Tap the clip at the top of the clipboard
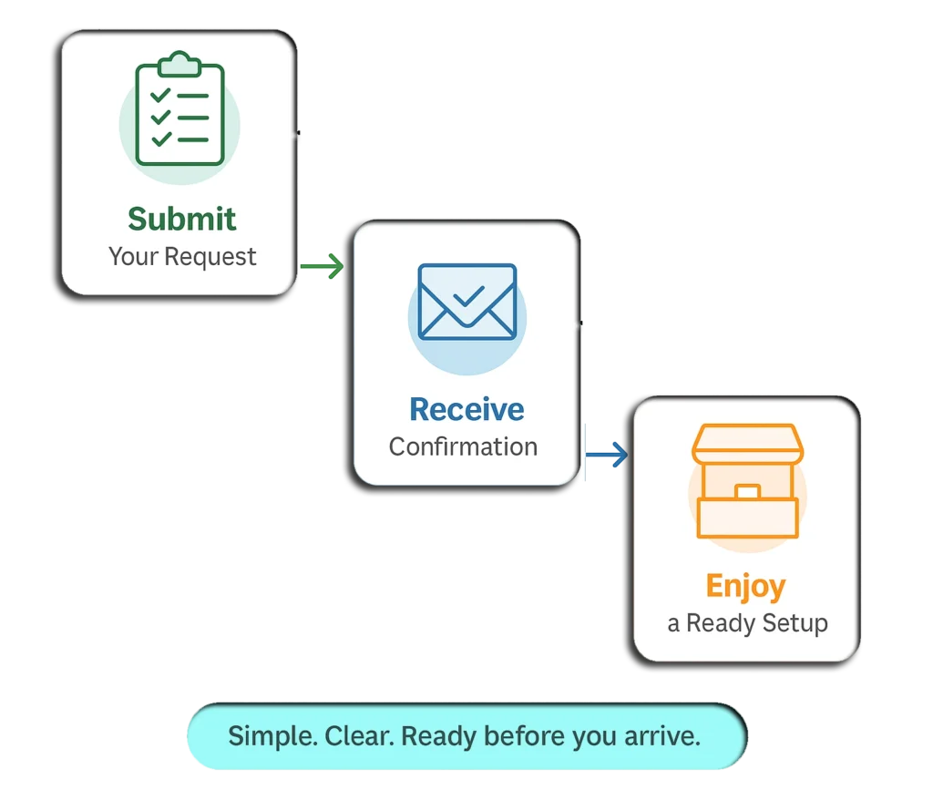coord(179,65)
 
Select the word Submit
coord(181,220)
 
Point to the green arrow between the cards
coord(322,267)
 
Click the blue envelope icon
coord(466,302)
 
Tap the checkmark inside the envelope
coord(468,296)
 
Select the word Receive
coord(466,409)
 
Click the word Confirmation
coord(463,447)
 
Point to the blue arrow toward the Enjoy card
coord(607,455)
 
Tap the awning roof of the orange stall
coord(746,443)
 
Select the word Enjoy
coord(745,586)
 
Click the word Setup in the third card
coord(792,624)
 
